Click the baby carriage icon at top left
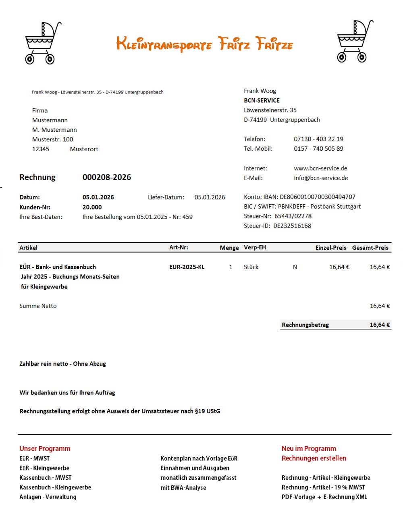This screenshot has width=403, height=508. pos(42,43)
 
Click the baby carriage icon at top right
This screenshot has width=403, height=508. pos(354,41)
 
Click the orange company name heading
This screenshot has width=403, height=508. pos(204,44)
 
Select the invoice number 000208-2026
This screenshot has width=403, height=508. pos(107,177)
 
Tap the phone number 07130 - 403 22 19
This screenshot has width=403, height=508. pos(318,139)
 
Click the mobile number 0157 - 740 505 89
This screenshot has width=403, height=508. pos(318,149)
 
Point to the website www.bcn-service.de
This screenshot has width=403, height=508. pos(320,168)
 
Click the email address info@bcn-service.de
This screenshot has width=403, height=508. pos(321,178)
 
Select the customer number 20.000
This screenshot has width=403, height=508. pos(92,207)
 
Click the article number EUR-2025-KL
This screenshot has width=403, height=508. pos(187,267)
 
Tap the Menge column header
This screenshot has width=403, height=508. pos(229,248)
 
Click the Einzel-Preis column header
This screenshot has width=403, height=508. pos(330,248)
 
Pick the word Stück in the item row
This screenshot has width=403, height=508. pos(251,267)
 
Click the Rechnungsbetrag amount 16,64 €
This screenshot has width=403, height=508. pos(380,325)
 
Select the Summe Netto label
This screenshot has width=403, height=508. pos(38,306)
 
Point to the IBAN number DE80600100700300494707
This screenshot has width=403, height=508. pos(318,197)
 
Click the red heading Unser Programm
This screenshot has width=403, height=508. pos(45,449)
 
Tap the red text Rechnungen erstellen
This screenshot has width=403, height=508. pos(314,458)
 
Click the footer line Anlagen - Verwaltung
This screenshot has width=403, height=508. pos(48,497)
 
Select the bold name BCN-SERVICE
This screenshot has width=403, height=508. pos(262,101)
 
